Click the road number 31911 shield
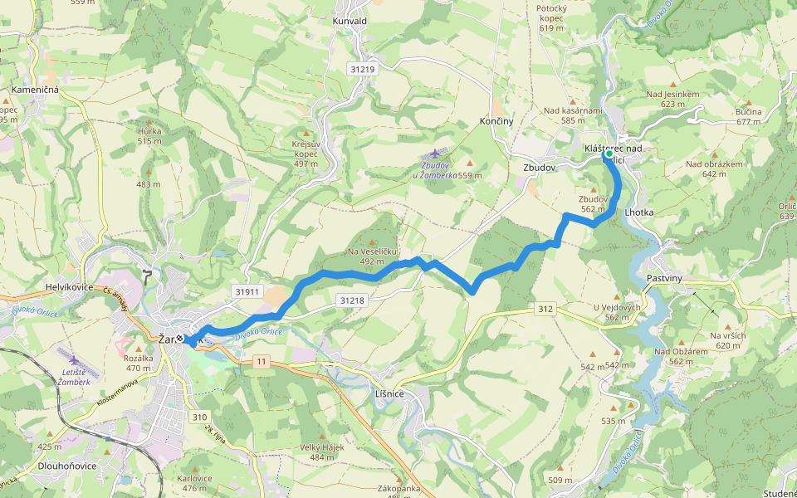247,291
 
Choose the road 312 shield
545,309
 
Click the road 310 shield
198,417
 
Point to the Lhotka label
639,212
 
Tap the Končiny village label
496,121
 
